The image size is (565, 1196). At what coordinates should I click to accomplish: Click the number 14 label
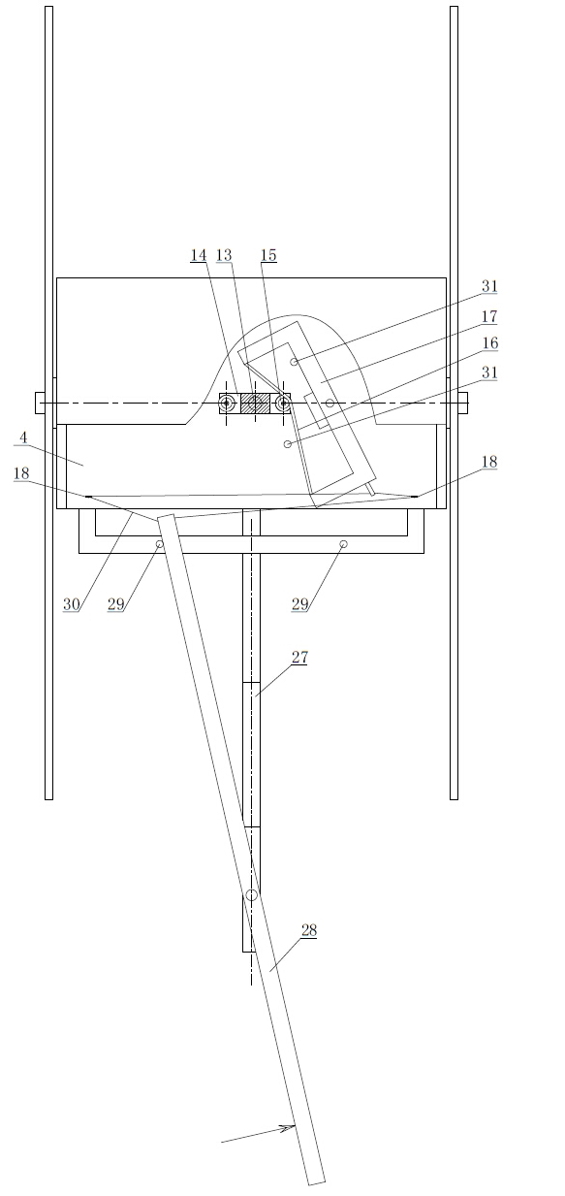(199, 255)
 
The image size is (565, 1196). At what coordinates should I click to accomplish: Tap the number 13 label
(224, 255)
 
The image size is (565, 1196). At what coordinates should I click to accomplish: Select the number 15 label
(268, 255)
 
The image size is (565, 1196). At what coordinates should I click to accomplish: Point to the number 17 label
(489, 316)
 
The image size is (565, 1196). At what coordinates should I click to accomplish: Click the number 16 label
(489, 343)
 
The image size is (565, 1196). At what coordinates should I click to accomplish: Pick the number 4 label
(23, 438)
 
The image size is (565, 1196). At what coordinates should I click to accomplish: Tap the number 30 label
(72, 604)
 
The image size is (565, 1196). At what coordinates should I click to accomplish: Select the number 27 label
(299, 658)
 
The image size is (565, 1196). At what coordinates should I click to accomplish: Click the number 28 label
(309, 930)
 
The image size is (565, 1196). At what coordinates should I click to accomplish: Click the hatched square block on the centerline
(255, 404)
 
